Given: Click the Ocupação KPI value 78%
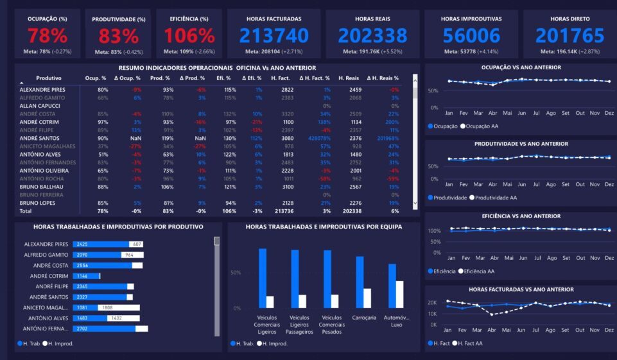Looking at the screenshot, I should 47,35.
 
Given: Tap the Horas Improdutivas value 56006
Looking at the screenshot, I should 472,35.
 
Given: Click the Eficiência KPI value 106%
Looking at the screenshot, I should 189,35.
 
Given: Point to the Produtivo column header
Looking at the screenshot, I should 49,78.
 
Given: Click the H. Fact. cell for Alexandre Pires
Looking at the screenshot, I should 287,90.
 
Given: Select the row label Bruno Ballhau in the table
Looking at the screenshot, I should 42,187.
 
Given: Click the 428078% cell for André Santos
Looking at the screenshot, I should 319,138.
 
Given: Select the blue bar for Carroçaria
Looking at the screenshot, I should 360,282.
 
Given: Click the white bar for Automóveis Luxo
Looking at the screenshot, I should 399,295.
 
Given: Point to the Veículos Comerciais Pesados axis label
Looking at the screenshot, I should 331,324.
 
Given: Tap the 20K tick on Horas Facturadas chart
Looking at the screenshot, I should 432,303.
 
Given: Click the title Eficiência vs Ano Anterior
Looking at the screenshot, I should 521,216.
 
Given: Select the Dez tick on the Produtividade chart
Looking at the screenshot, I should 609,185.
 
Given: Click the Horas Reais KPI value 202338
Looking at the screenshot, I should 372,35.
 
